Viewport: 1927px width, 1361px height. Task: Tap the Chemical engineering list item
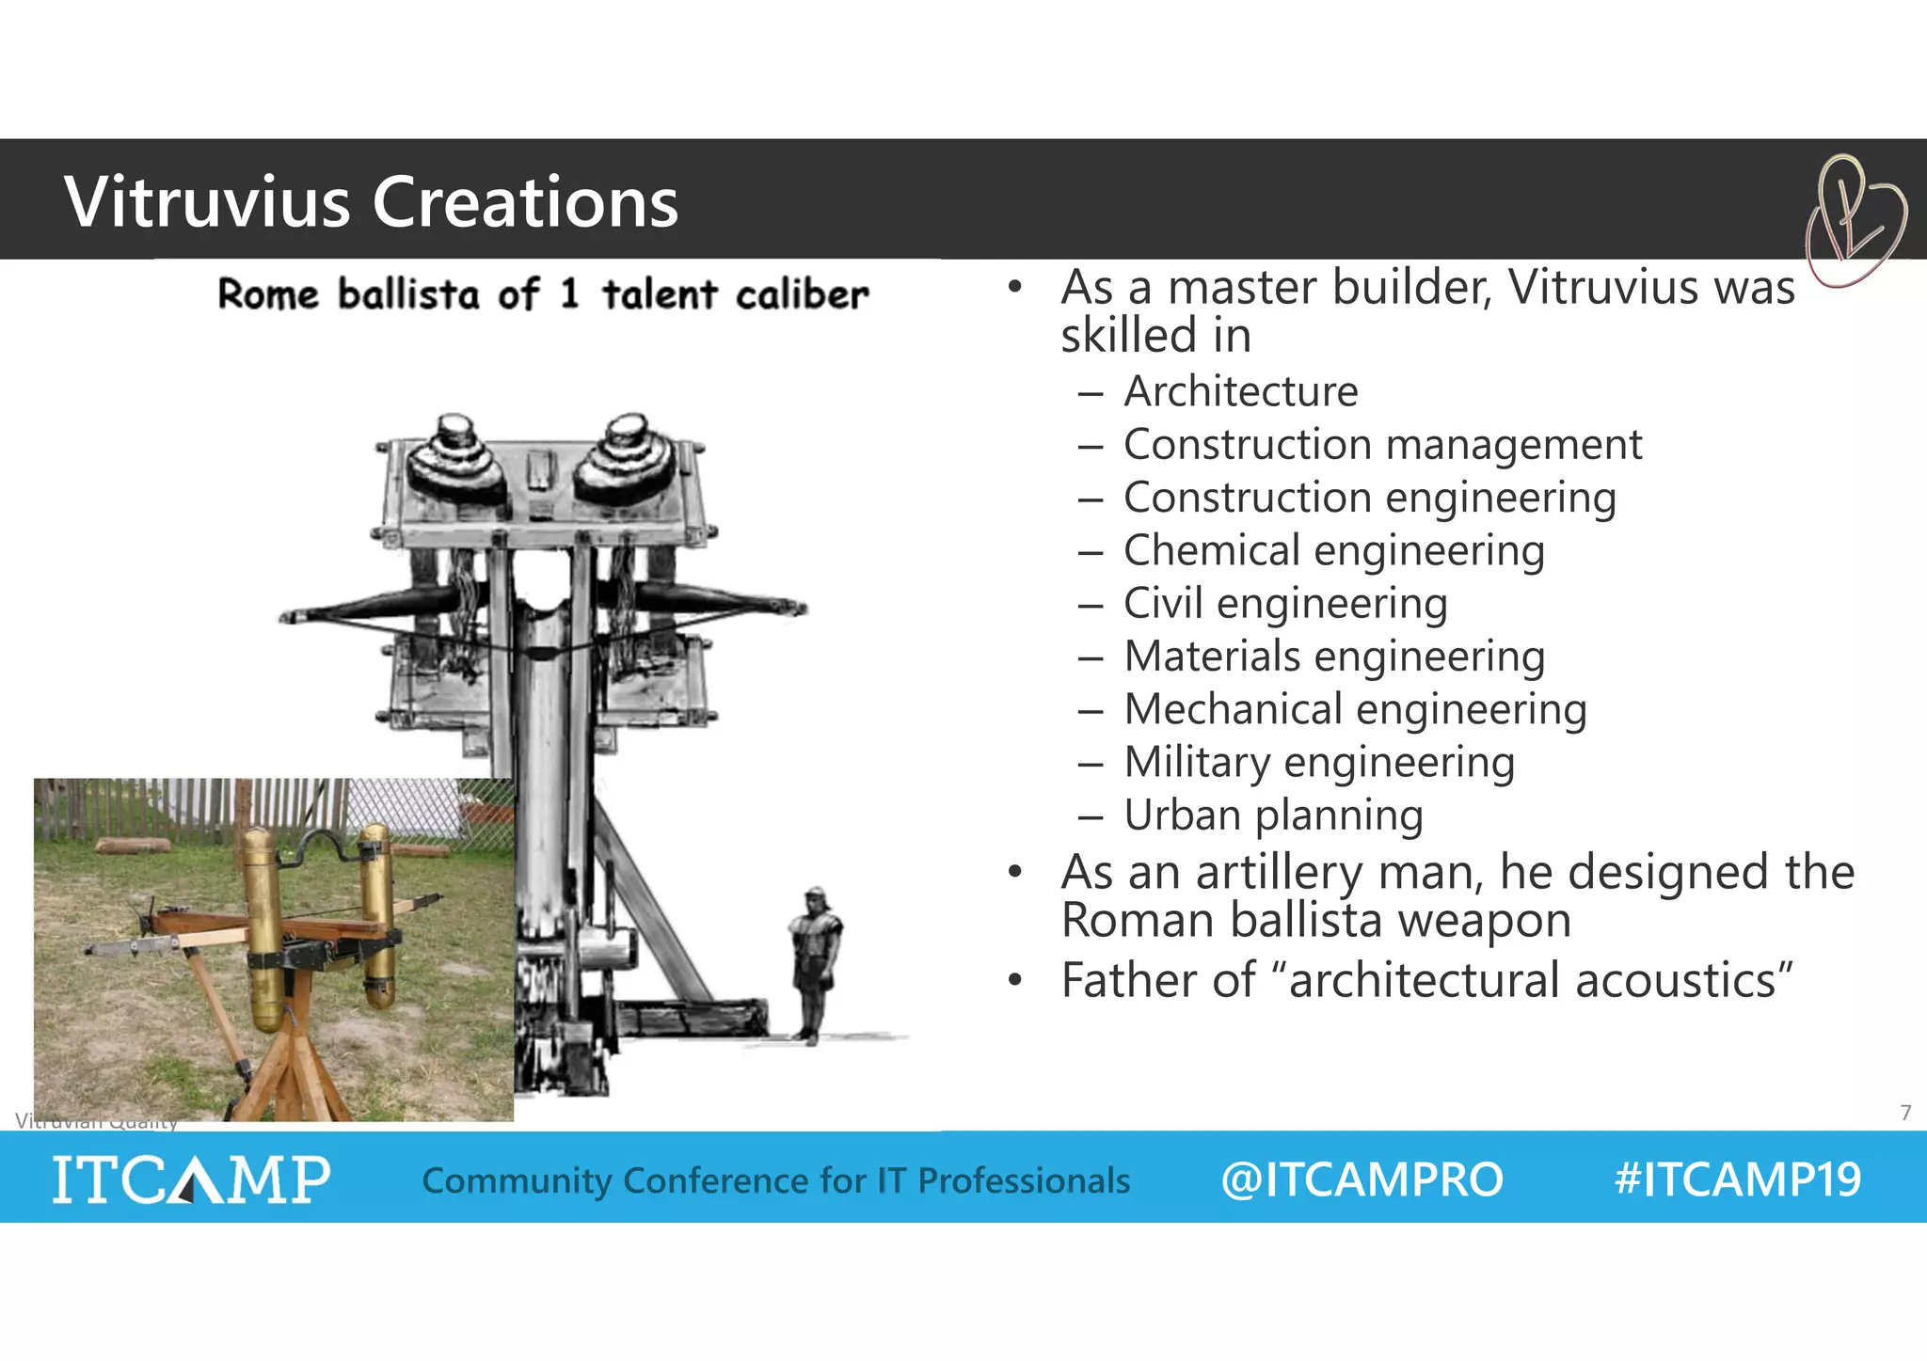click(1333, 550)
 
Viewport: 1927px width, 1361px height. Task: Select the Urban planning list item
click(1272, 815)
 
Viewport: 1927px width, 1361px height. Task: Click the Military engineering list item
click(1319, 762)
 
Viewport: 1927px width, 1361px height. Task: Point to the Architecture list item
click(1240, 391)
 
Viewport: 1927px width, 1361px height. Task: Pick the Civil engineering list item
click(1284, 603)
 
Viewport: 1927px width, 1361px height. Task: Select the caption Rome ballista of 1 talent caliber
click(543, 294)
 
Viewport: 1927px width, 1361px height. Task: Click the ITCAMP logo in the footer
click(191, 1179)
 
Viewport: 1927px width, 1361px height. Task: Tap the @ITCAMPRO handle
click(1362, 1179)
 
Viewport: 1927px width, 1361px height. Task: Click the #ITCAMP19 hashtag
click(1737, 1179)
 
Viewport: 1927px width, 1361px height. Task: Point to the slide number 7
click(1905, 1113)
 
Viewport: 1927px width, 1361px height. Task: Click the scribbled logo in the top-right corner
click(1853, 222)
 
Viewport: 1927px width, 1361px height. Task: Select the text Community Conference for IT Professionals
click(775, 1180)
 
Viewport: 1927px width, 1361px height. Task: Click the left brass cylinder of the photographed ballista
click(261, 922)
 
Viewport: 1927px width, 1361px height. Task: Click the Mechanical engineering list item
click(1355, 709)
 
